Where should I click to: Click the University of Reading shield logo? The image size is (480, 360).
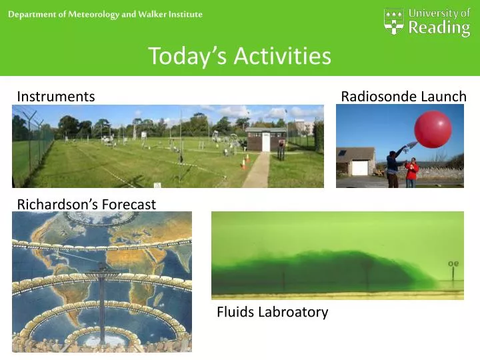(394, 21)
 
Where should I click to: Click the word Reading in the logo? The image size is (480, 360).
(439, 28)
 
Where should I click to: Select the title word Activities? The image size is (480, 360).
(282, 56)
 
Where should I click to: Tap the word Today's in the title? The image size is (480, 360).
(187, 56)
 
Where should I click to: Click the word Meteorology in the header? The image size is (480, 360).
(94, 15)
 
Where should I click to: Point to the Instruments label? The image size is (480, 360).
(56, 97)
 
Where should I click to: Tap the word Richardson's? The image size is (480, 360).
(57, 204)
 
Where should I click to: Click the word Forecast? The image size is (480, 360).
(129, 204)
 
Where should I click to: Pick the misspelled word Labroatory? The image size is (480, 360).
(293, 312)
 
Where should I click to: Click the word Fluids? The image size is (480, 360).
(235, 312)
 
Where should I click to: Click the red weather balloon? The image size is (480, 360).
(433, 129)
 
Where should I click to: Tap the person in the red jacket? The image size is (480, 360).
(412, 173)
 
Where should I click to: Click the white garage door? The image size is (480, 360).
(360, 168)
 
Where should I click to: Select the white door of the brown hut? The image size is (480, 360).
(266, 142)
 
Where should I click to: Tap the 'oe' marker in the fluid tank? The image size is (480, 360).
(453, 263)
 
